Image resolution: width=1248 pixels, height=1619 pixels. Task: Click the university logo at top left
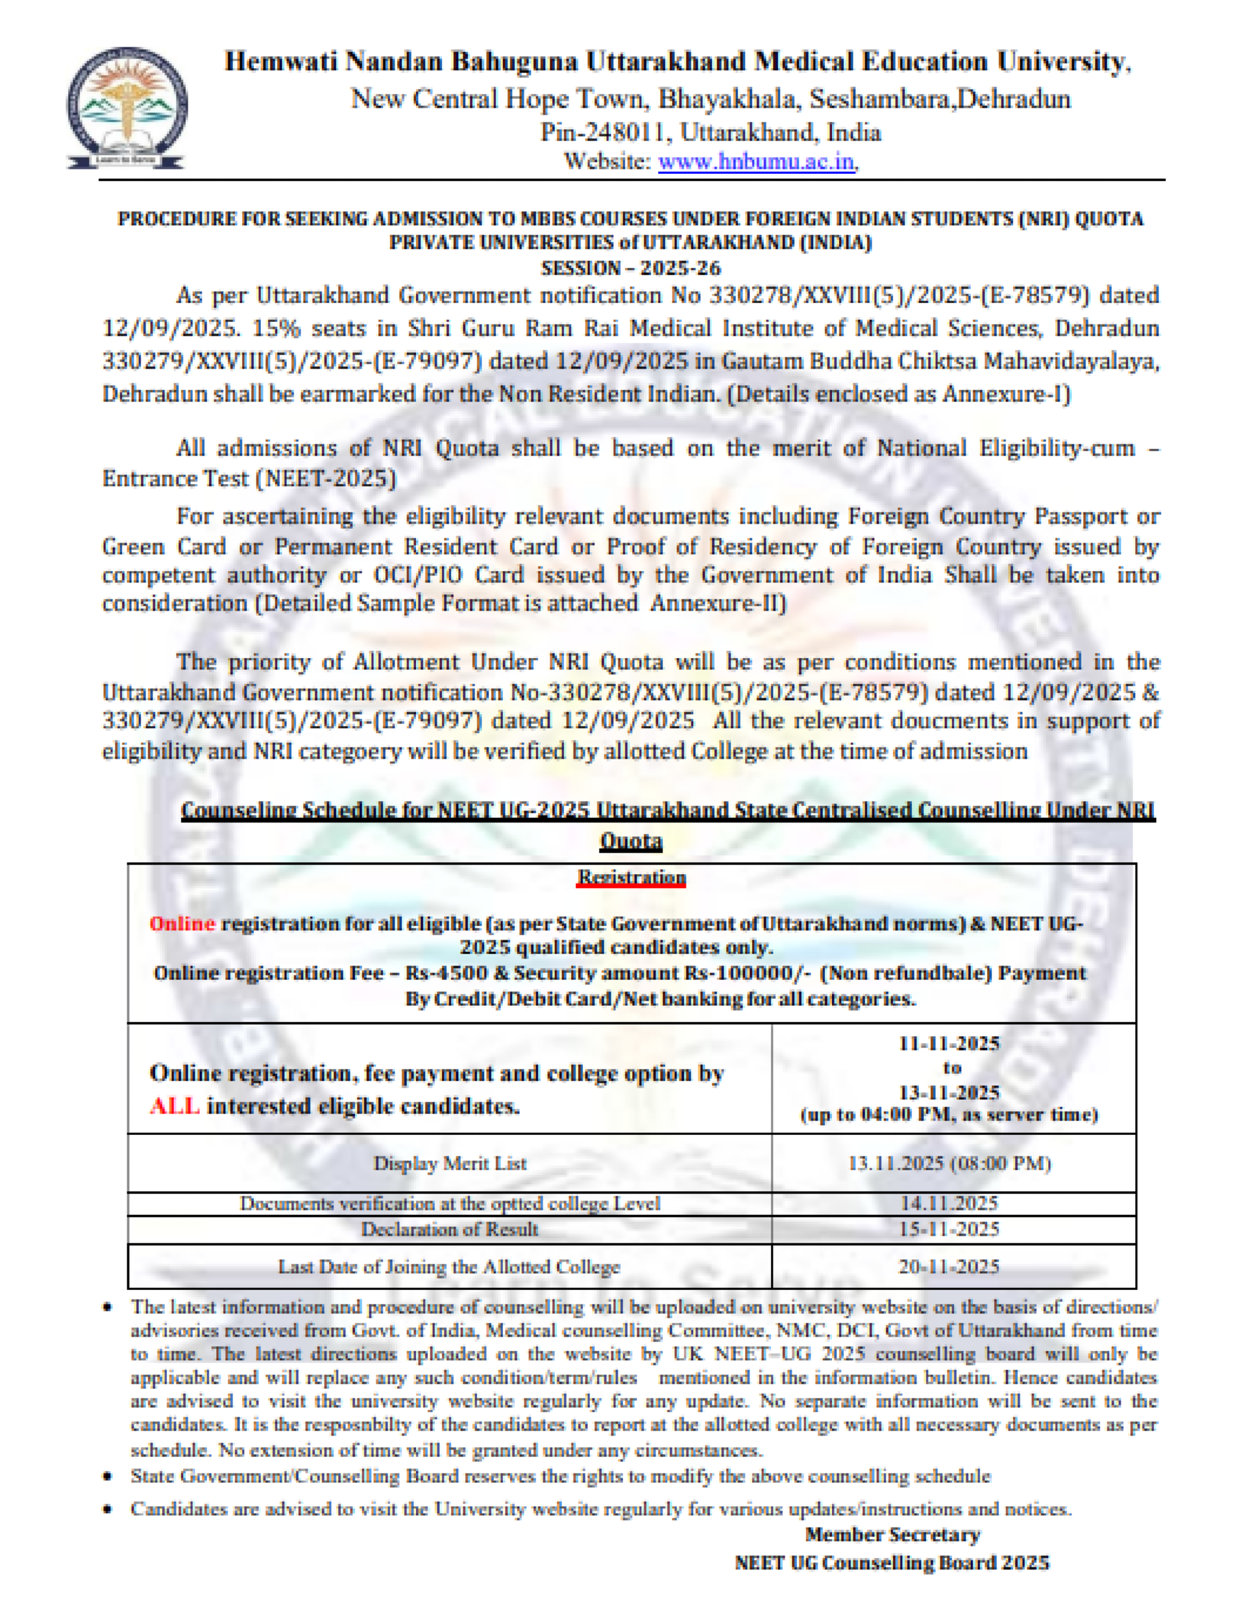[x=126, y=108]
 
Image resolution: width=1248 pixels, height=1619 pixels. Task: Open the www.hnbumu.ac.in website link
[x=756, y=161]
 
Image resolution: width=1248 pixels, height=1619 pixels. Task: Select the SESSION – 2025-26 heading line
[x=630, y=268]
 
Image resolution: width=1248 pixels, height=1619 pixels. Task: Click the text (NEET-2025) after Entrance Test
[x=327, y=479]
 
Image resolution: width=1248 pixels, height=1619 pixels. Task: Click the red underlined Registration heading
[x=632, y=878]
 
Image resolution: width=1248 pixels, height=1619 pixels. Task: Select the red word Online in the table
[x=182, y=924]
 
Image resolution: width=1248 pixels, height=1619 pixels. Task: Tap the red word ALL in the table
[x=174, y=1107]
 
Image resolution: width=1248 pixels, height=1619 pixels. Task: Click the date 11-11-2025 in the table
[x=949, y=1044]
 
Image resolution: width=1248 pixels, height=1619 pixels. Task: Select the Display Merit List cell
[x=449, y=1163]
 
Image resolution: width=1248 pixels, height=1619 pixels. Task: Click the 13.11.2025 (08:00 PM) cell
[x=949, y=1163]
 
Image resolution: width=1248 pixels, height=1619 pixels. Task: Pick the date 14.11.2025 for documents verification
[x=949, y=1203]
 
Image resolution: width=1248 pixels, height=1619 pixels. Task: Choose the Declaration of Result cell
[x=449, y=1229]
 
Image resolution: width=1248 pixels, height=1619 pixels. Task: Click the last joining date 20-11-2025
[x=949, y=1266]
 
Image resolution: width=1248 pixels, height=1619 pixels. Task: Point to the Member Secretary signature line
[x=892, y=1535]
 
